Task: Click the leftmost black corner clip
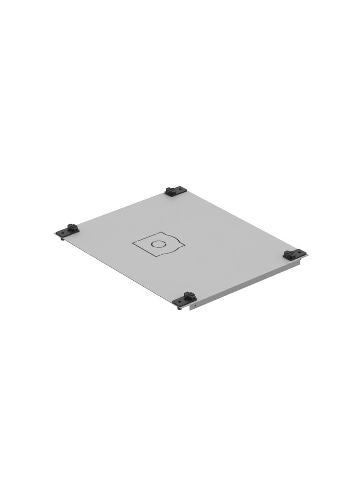pyautogui.click(x=67, y=230)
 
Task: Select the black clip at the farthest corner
pyautogui.click(x=176, y=191)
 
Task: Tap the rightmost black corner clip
pyautogui.click(x=294, y=255)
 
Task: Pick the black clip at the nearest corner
pyautogui.click(x=185, y=299)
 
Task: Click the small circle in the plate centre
pyautogui.click(x=158, y=244)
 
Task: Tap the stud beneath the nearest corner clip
pyautogui.click(x=179, y=308)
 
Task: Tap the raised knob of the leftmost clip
pyautogui.click(x=71, y=227)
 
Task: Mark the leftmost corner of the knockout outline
pyautogui.click(x=133, y=243)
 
